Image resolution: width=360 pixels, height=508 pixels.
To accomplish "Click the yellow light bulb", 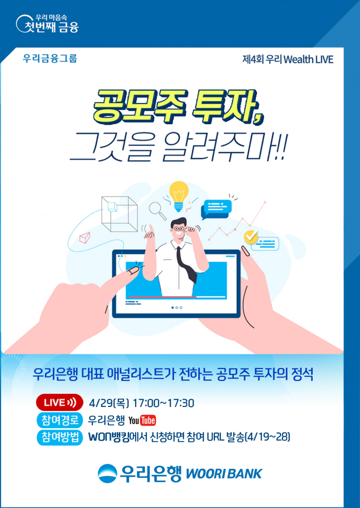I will (x=179, y=192).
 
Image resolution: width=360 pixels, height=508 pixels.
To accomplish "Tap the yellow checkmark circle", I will (x=251, y=236).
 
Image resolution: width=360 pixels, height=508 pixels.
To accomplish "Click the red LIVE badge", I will (x=59, y=403).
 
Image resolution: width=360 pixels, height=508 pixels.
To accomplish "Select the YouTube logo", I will (x=142, y=420).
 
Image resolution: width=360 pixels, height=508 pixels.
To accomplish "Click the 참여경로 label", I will (x=59, y=420).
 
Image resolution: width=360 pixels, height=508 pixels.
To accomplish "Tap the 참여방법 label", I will (x=59, y=437).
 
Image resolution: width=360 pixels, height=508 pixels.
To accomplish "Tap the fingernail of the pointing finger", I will (x=132, y=271).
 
